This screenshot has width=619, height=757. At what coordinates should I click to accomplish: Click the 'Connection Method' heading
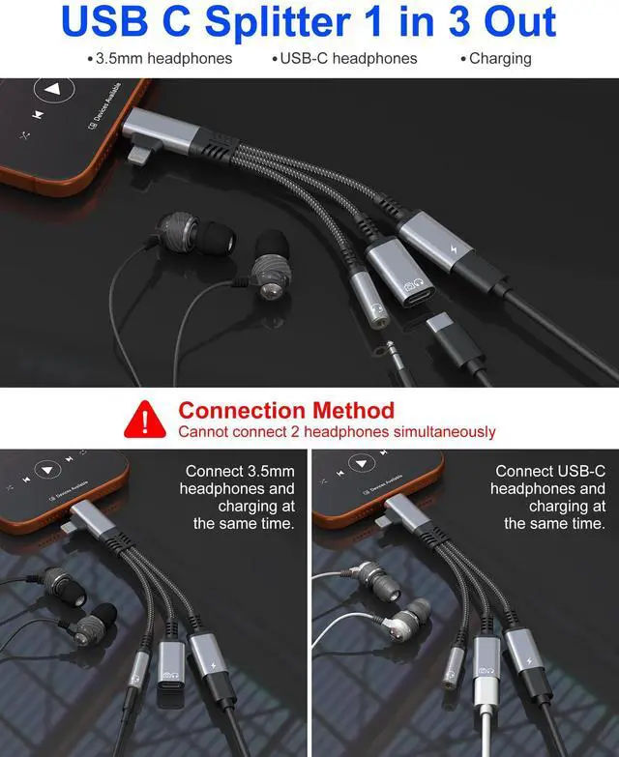click(286, 410)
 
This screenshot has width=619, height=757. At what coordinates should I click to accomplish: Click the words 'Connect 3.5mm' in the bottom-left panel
click(240, 471)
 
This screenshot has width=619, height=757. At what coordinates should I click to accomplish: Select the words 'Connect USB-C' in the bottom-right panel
click(550, 471)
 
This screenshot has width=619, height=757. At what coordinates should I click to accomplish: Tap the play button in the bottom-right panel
click(361, 464)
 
